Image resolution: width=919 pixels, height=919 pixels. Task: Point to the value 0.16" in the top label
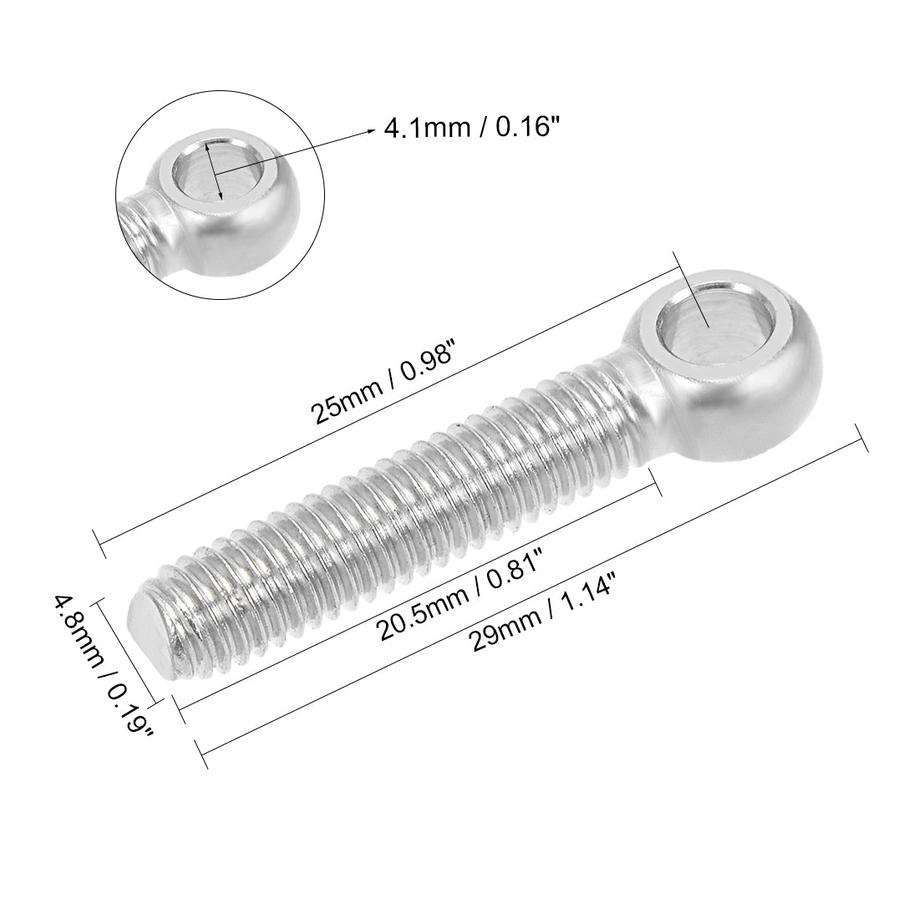click(x=526, y=129)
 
